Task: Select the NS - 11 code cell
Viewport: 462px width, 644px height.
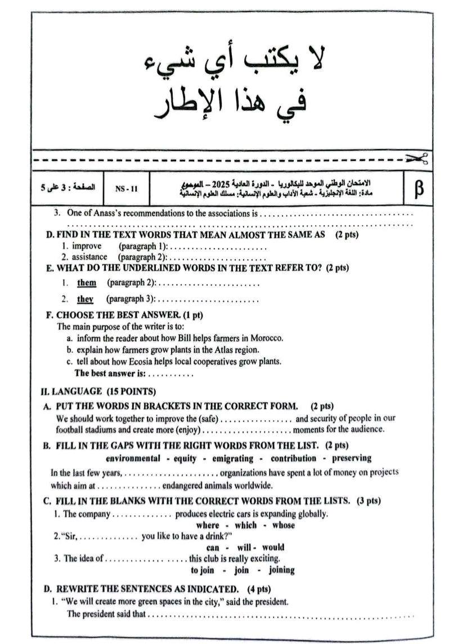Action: [126, 189]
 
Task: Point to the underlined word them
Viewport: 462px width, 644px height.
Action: [87, 282]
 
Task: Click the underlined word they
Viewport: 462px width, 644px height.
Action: [85, 299]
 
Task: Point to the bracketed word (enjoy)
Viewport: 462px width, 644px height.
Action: [189, 429]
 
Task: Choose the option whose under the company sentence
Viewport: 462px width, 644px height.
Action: [283, 525]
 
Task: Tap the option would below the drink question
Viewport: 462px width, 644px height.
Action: [273, 547]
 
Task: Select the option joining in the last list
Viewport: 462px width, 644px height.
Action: [281, 570]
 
